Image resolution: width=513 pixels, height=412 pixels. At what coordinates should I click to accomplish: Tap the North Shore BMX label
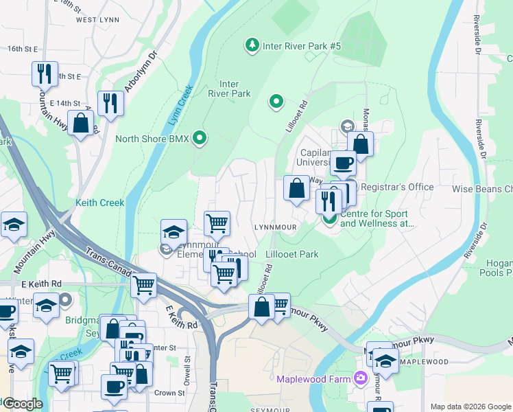(x=152, y=139)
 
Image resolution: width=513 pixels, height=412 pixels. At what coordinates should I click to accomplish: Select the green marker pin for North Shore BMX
(x=200, y=139)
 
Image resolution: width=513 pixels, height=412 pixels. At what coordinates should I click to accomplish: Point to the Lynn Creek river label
(x=180, y=106)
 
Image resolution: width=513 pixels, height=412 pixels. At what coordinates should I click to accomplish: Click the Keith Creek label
(x=100, y=203)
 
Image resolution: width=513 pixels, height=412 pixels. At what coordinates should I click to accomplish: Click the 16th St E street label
(x=22, y=49)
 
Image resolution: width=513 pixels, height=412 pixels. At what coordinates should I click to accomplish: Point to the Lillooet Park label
(x=292, y=254)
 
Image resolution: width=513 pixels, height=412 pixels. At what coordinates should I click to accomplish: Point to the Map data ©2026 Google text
(x=470, y=407)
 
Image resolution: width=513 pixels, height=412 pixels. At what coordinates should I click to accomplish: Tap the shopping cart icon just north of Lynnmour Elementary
(x=217, y=222)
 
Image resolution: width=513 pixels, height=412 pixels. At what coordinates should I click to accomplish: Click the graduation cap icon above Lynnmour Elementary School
(x=174, y=231)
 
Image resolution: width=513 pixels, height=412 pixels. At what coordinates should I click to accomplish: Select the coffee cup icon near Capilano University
(x=343, y=163)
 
